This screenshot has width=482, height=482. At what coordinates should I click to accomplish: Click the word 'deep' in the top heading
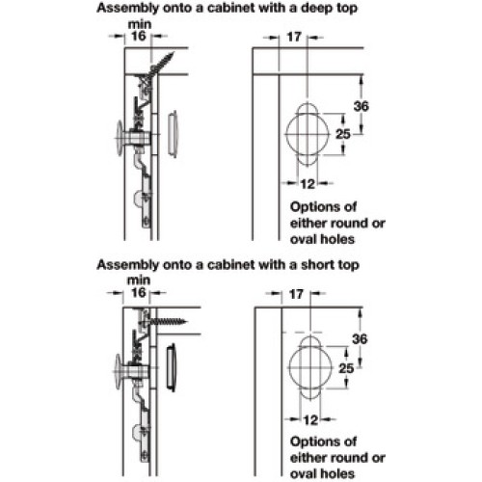315,9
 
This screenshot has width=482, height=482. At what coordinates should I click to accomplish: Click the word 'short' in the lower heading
313,265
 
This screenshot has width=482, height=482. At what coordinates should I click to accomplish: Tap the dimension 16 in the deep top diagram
139,36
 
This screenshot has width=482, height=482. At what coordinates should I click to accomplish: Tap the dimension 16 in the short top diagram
139,292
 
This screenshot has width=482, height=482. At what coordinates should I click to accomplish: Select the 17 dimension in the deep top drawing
294,37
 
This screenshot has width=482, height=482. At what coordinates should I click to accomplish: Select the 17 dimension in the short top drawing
296,294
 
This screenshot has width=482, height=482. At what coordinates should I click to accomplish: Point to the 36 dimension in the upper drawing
361,106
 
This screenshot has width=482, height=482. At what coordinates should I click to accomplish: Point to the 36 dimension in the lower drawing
360,339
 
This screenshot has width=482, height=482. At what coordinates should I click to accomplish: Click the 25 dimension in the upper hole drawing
343,134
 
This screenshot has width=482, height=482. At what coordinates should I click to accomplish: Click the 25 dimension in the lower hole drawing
346,368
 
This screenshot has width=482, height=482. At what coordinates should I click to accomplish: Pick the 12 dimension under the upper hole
308,184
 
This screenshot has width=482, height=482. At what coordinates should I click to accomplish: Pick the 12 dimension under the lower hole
310,420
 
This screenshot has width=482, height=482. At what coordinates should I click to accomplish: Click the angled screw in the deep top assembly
161,66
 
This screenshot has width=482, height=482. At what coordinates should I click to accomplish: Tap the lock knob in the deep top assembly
120,138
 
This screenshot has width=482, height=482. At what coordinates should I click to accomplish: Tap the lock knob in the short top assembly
119,372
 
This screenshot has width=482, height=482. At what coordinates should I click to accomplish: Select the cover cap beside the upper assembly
173,134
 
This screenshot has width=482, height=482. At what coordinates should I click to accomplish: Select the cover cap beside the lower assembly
172,368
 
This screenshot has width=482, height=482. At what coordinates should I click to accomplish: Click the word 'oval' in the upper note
302,239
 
